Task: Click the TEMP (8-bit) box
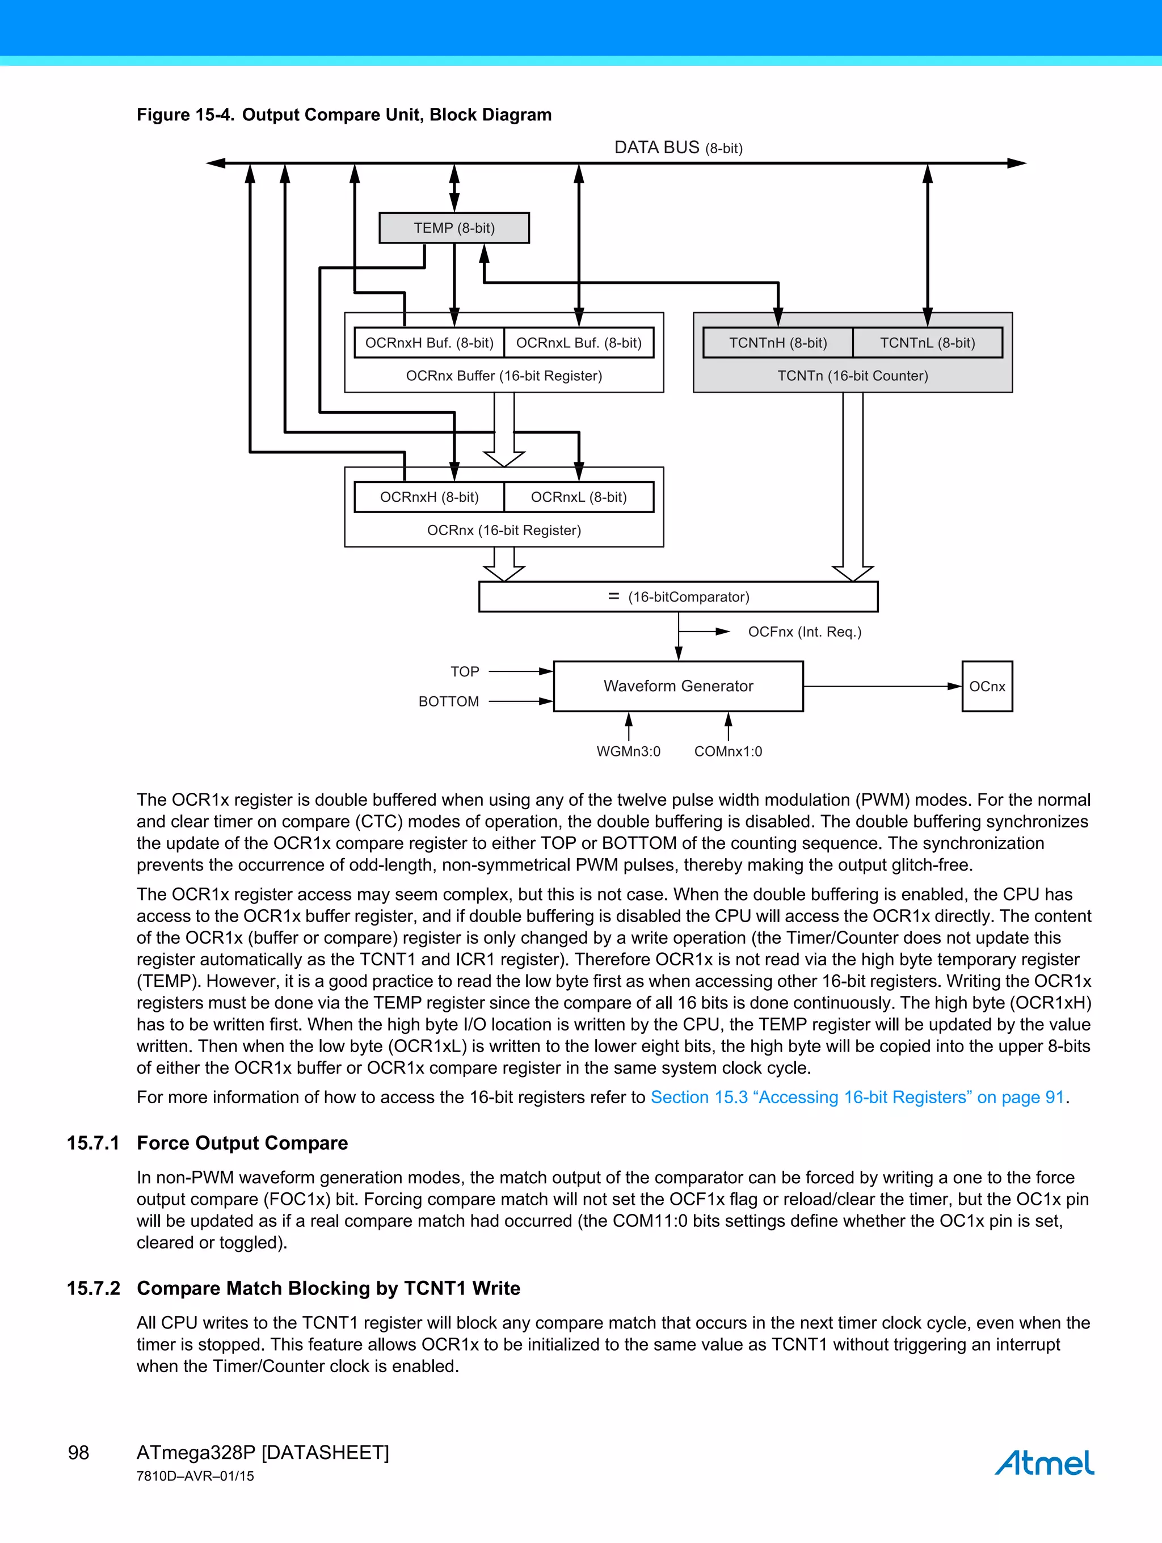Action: [454, 228]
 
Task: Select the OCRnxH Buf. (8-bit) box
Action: [429, 343]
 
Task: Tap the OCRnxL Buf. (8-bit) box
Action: [579, 343]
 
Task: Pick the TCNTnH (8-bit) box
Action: [778, 343]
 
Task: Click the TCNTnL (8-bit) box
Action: [927, 343]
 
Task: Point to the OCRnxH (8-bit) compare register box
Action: [429, 497]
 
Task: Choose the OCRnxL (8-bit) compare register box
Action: [579, 497]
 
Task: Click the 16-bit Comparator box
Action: [678, 597]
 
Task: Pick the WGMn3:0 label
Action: [629, 751]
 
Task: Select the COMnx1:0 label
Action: [728, 751]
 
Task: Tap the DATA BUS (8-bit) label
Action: [678, 148]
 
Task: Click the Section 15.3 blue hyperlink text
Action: [857, 1098]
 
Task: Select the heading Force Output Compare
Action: [242, 1142]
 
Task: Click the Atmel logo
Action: [1044, 1462]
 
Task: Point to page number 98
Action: [79, 1453]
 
